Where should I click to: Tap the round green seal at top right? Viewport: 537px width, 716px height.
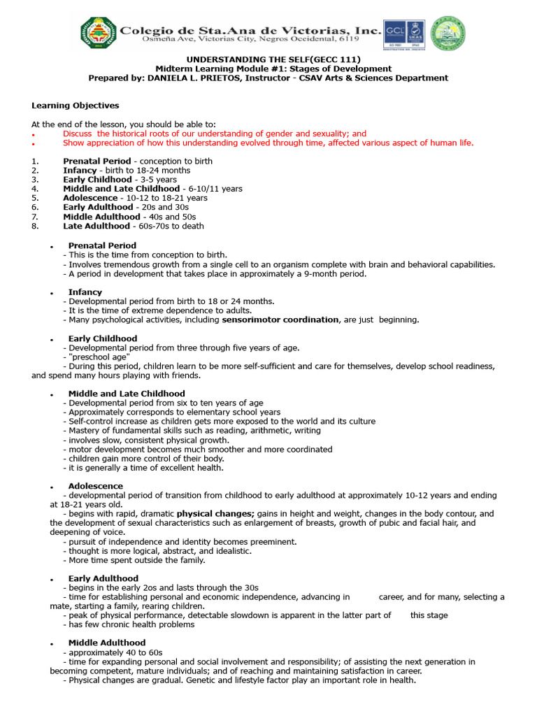coord(447,33)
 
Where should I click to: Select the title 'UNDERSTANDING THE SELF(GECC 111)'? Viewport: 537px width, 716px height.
coord(268,59)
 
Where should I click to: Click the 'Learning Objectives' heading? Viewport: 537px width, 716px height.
coord(75,106)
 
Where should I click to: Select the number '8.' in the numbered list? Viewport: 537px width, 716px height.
coord(36,226)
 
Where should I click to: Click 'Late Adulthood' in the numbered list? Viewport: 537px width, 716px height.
coord(96,226)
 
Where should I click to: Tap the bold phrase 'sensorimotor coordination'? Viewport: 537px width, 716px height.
coord(280,320)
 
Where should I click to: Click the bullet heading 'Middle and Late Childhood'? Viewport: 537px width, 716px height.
coord(127,394)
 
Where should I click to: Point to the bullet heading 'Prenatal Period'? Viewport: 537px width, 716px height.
coord(102,245)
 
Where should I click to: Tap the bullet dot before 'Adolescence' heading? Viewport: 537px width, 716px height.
coord(52,487)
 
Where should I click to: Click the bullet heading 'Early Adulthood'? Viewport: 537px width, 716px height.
coord(103,578)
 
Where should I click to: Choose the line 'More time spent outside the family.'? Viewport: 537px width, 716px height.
coord(134,560)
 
